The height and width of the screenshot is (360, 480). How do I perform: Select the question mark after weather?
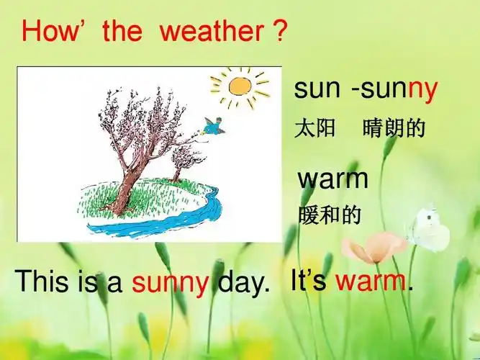281,31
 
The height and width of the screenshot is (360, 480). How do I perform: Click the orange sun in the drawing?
240,86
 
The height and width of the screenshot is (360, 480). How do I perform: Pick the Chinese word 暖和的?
330,215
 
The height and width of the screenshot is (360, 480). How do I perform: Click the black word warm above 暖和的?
333,179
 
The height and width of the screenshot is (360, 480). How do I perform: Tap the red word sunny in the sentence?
171,283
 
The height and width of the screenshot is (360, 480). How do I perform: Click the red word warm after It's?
370,280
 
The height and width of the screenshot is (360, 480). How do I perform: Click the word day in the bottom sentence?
243,282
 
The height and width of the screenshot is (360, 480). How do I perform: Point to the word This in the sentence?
45,281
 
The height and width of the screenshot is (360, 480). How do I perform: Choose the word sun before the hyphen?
317,89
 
